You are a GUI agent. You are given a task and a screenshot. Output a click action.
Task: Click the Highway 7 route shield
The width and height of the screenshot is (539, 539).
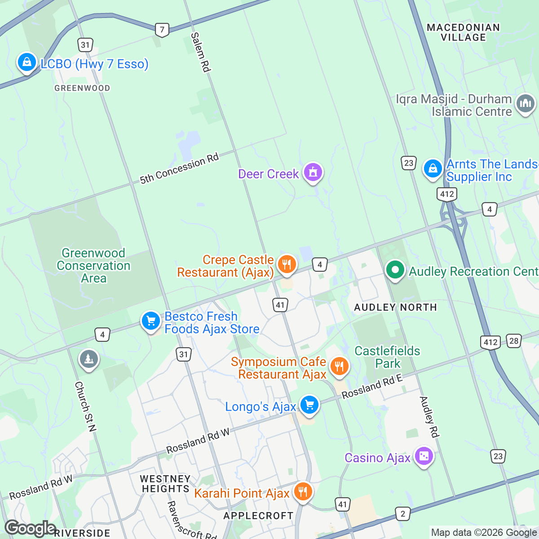[x=162, y=30]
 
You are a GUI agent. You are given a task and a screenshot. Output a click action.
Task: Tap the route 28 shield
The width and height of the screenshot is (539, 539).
[x=514, y=340]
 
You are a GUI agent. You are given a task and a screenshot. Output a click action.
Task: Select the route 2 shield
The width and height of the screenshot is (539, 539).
[x=402, y=514]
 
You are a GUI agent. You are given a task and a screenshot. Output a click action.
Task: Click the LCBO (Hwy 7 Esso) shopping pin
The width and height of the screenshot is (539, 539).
[x=27, y=63]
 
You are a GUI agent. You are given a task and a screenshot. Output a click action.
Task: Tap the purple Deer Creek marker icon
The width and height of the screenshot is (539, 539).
[x=313, y=172]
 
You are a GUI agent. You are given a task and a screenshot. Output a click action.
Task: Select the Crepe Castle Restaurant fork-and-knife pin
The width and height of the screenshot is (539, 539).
[x=286, y=264]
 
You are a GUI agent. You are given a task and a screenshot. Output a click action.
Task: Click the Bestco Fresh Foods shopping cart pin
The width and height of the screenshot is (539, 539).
[x=150, y=321]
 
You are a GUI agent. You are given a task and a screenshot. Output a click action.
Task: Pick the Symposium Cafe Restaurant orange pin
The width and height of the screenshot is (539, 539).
[x=339, y=367]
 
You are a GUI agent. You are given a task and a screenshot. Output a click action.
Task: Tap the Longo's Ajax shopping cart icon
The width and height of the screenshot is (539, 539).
[x=309, y=405]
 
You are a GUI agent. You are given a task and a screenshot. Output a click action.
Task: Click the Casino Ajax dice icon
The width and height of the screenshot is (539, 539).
[x=424, y=457]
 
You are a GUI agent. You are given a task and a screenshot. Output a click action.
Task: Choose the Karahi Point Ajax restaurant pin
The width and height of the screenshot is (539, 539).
[x=303, y=492]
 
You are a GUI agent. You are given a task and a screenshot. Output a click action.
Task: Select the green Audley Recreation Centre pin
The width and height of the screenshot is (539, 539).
[x=395, y=270]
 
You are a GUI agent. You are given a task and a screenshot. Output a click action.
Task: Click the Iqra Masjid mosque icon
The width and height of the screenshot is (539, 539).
[x=525, y=104]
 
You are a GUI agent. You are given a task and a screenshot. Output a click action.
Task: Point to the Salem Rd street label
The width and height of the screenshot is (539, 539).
[x=200, y=52]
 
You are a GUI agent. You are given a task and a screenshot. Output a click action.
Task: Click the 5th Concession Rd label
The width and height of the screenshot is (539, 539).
[x=179, y=169]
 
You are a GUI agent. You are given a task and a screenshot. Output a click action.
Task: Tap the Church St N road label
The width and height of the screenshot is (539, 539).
[x=85, y=406]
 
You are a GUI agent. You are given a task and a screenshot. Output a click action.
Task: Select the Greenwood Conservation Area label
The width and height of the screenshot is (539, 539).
[x=93, y=265]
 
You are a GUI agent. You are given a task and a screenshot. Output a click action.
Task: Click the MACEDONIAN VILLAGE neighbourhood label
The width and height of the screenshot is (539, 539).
[x=463, y=32]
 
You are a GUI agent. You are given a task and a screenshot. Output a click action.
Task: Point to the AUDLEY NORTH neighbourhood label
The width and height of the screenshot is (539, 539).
[x=395, y=307]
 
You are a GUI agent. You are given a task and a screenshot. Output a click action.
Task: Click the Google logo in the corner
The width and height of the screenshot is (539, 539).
[x=30, y=528]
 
